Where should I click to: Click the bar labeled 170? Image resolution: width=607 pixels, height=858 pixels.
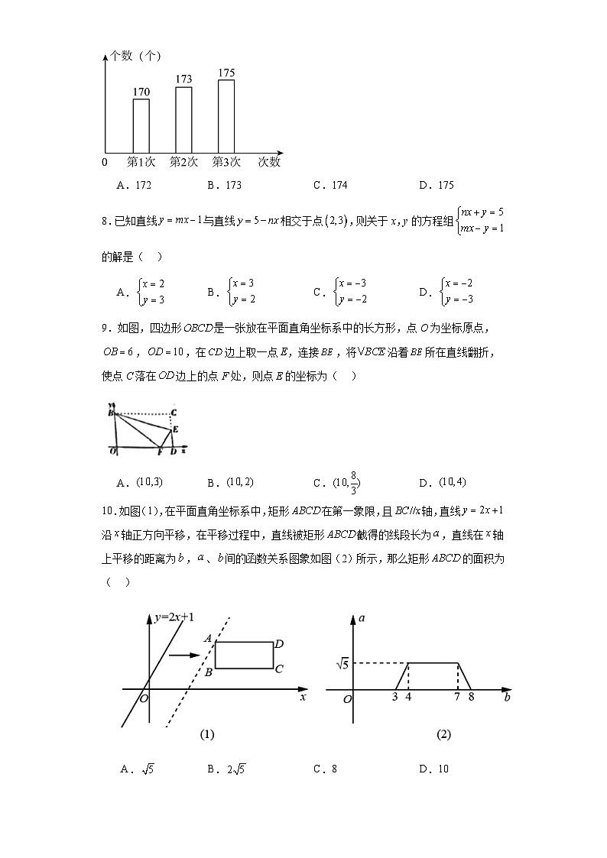click(141, 125)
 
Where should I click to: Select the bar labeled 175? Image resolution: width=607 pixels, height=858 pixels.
click(226, 115)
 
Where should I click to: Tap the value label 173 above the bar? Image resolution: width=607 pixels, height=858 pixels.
click(183, 79)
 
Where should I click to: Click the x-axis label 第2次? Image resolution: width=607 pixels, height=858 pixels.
click(183, 162)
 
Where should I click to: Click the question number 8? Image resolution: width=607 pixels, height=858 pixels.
click(105, 221)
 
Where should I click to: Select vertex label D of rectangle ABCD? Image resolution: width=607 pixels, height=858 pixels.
click(280, 643)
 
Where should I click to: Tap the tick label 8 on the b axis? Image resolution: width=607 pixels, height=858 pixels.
click(472, 697)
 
